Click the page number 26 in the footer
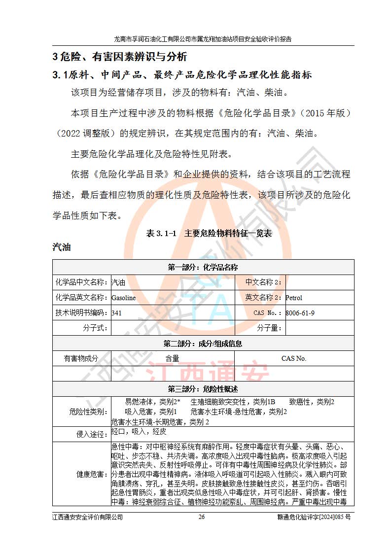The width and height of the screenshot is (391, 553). [x=201, y=517]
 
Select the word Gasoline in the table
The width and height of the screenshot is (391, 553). [x=123, y=298]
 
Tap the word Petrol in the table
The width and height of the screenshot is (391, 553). [x=294, y=298]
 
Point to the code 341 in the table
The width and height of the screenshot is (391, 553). [x=116, y=312]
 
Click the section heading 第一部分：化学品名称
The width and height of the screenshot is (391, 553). [x=203, y=267]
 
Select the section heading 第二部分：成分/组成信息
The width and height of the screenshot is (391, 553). [x=203, y=344]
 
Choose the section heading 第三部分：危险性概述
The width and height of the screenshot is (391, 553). [x=203, y=388]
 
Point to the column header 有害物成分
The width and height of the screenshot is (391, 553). [x=81, y=358]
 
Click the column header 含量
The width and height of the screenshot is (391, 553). [x=172, y=358]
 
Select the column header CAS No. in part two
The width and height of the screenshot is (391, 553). [x=294, y=358]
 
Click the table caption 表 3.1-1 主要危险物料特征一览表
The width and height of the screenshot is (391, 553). [x=209, y=234]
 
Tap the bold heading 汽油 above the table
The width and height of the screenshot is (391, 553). [x=62, y=247]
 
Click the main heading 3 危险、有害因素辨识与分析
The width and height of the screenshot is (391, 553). [x=120, y=57]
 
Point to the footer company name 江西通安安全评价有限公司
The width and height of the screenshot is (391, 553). [x=87, y=517]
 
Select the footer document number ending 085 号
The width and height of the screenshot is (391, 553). [x=314, y=517]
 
